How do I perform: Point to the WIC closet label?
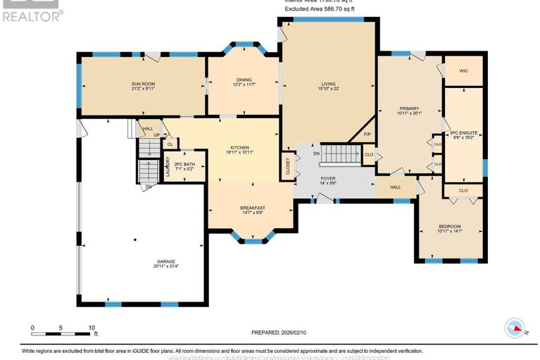click(463, 71)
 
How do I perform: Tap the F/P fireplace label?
click(367, 134)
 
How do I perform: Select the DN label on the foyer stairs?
click(317, 153)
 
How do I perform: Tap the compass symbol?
click(515, 328)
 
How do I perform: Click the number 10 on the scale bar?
click(92, 328)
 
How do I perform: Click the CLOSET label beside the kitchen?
click(287, 167)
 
